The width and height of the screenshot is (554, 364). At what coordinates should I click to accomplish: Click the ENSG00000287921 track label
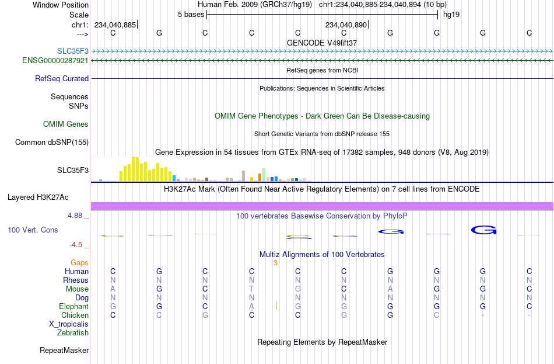coord(55,61)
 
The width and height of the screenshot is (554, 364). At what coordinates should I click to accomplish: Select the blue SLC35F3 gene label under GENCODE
coord(73,51)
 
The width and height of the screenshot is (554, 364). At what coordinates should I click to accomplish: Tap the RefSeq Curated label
coord(62,79)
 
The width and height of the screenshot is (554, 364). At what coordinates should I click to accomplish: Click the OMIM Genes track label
coord(66,124)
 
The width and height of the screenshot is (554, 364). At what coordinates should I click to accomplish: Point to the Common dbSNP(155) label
coord(52,143)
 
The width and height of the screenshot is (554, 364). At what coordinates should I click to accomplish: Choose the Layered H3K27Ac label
coord(38,197)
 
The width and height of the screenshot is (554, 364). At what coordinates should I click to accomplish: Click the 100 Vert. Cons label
coord(33,230)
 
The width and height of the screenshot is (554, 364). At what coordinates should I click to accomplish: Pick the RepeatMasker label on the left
coord(64,350)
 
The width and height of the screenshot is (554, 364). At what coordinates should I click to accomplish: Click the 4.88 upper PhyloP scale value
coord(75,216)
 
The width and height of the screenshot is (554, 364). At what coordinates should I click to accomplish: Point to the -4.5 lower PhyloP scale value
coord(76,245)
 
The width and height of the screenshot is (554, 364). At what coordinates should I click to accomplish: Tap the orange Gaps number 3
coord(276,263)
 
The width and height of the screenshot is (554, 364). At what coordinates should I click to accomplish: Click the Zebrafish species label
coord(73,333)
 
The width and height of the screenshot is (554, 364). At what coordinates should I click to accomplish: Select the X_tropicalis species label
coord(69,324)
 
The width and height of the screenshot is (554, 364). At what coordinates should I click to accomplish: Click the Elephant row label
coord(74,307)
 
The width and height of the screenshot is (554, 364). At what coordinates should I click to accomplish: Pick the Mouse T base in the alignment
coord(251,289)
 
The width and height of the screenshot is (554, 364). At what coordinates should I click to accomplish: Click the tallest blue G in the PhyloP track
coord(483,231)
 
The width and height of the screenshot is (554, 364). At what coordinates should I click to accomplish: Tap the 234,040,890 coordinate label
coord(346,25)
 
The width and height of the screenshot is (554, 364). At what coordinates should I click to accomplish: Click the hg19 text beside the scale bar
coord(451,15)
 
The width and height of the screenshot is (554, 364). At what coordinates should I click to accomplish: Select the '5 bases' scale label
coord(191,15)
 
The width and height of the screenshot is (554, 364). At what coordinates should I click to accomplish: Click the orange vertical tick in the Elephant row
coord(276,306)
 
